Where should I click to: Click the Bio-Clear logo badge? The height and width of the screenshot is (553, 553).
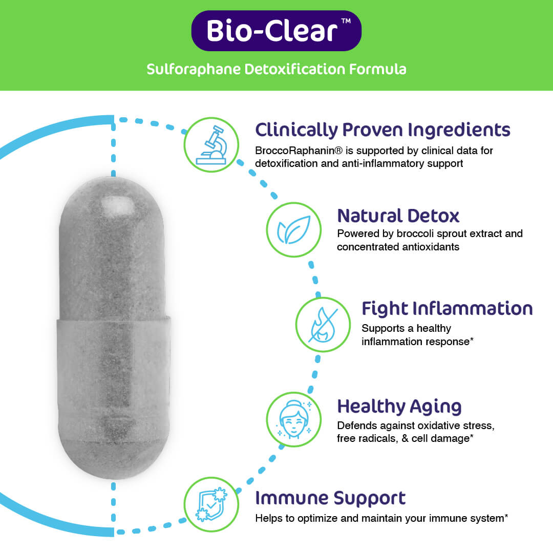click(276, 31)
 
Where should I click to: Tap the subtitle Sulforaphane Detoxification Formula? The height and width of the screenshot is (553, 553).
click(276, 69)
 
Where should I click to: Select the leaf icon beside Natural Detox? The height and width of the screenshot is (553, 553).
click(293, 229)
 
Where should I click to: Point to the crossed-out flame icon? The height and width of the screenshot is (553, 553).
click(323, 325)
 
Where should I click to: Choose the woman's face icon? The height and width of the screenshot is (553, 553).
click(293, 419)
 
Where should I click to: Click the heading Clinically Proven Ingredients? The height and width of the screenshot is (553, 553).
click(382, 130)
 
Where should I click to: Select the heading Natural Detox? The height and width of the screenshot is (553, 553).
click(398, 216)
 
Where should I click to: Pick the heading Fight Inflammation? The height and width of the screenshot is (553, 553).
click(447, 309)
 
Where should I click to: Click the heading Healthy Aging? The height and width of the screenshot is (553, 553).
click(399, 407)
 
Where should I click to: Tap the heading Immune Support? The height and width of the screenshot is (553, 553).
click(330, 498)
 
